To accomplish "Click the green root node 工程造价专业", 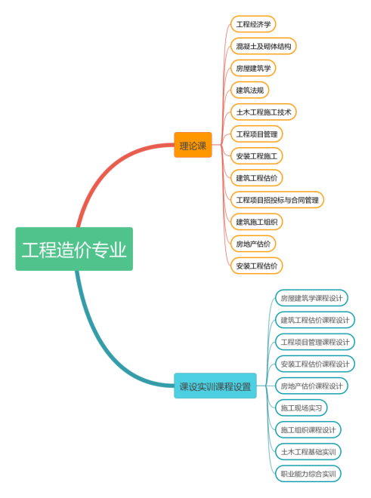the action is (74, 249).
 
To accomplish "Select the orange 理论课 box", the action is (193, 145).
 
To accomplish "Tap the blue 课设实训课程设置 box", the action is (215, 386).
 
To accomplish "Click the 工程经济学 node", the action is (253, 24).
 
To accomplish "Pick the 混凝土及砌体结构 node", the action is (264, 46).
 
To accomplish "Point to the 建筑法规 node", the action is (250, 91).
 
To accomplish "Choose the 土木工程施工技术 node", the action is (264, 112).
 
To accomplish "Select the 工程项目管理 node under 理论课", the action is (256, 134).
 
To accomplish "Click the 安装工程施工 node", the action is (256, 156).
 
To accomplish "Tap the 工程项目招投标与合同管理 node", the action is (277, 200).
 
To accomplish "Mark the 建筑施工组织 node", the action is (256, 222).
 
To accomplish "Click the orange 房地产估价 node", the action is (253, 244).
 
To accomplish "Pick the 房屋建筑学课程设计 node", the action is (311, 298).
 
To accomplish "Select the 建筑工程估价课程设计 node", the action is (315, 320).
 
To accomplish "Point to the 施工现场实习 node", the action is (301, 407).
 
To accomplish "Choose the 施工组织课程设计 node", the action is (308, 430).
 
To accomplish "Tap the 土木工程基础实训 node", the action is (308, 452).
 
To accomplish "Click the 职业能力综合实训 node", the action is (308, 474).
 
